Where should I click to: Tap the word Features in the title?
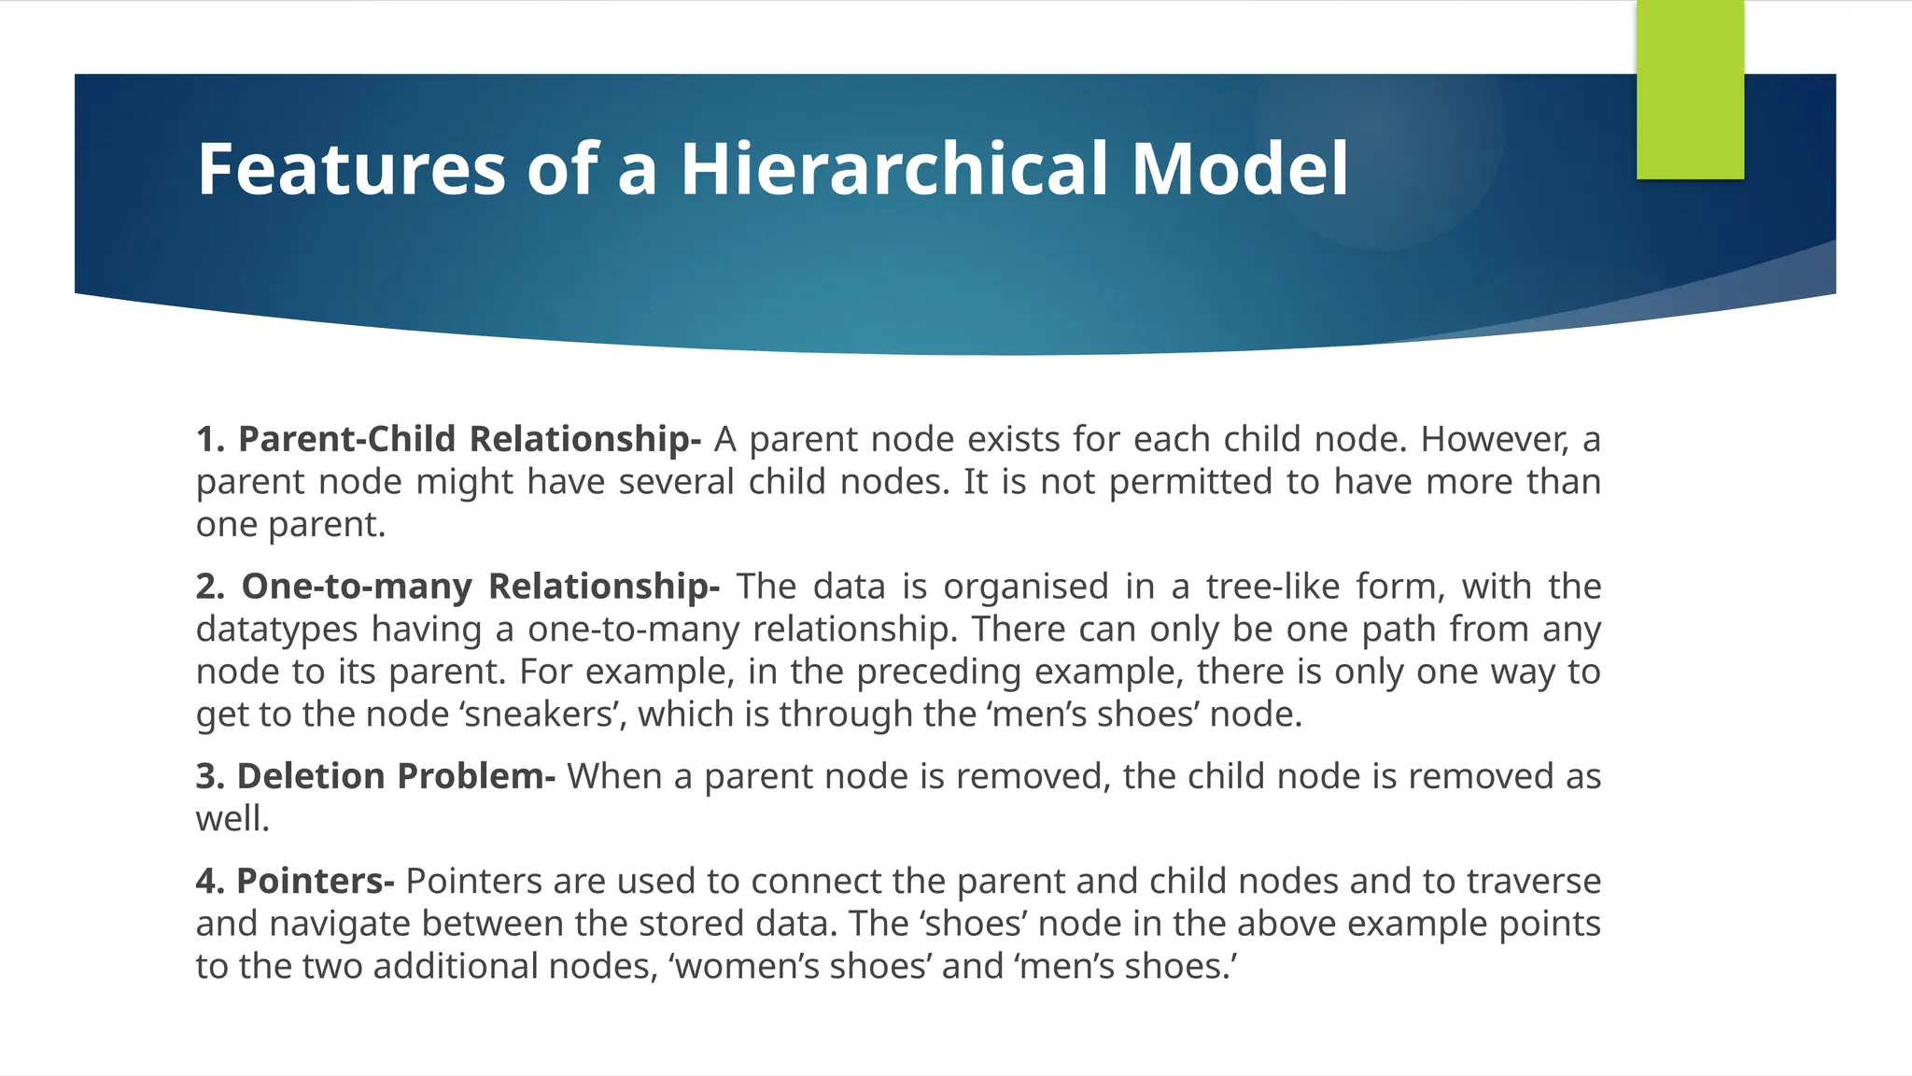(350, 169)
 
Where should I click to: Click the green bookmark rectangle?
(1690, 89)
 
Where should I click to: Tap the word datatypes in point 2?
(276, 630)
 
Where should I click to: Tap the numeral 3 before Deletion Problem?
(206, 776)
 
